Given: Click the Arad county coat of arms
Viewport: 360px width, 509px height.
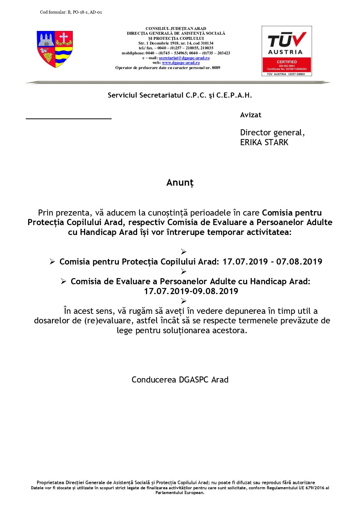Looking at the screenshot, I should [x=55, y=49].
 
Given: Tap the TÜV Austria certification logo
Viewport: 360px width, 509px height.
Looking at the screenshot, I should [x=287, y=51].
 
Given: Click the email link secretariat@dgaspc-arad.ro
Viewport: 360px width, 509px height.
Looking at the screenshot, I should [x=184, y=58].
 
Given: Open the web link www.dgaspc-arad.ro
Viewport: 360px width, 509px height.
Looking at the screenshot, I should [x=181, y=63].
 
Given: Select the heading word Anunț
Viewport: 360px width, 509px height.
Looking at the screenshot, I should [x=180, y=183].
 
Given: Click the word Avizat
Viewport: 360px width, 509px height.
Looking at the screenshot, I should [x=250, y=115].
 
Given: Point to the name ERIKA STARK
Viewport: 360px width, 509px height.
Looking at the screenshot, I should [x=264, y=142].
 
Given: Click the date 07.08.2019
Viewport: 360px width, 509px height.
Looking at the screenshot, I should [x=299, y=262].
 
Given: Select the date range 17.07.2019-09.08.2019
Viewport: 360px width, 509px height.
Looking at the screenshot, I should [x=191, y=291].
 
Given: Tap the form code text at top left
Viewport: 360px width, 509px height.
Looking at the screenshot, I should [x=71, y=12].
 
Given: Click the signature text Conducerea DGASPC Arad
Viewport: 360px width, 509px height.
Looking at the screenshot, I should [x=180, y=380].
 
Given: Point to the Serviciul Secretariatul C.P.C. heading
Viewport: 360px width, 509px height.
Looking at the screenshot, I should [x=180, y=96].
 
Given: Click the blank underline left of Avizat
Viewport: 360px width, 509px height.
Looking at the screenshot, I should [x=69, y=118].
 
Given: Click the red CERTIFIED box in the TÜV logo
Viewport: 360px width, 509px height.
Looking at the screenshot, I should [x=287, y=65].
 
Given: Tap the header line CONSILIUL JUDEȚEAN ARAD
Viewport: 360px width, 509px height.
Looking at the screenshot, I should [x=176, y=29].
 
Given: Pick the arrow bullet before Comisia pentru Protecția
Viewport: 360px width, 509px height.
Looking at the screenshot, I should [x=52, y=262].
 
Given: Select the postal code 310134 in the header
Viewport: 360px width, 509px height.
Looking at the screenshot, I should [x=207, y=43].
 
